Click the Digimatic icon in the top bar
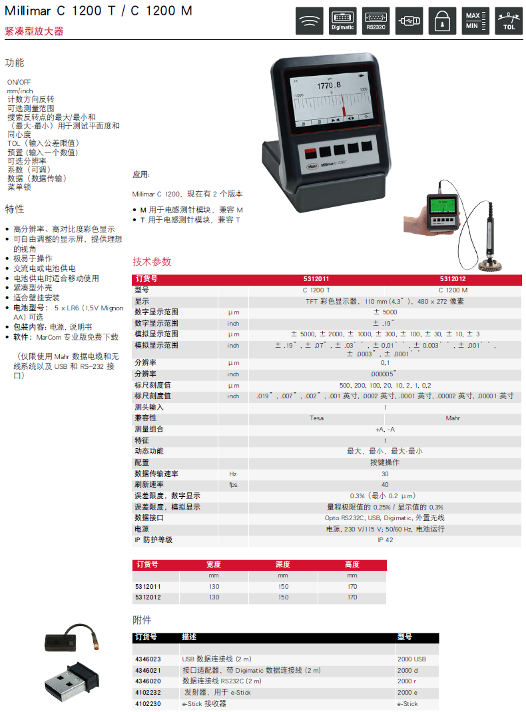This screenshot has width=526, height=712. click(x=343, y=21)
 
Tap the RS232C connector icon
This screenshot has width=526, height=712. click(x=376, y=21)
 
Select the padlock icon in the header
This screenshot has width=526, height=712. click(x=442, y=21)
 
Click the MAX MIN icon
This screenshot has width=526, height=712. click(x=475, y=21)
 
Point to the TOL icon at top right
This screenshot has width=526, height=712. click(x=508, y=21)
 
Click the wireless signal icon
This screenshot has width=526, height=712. click(x=310, y=21)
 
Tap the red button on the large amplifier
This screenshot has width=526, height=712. click(x=310, y=153)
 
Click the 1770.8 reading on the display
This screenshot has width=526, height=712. click(x=328, y=85)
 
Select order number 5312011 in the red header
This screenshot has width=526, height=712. click(x=316, y=279)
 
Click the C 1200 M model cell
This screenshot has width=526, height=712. click(x=453, y=290)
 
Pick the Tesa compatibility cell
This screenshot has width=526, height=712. click(x=317, y=418)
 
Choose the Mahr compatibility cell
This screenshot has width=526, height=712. click(x=453, y=418)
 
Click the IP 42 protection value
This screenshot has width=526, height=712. click(x=386, y=540)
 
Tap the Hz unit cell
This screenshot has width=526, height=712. click(x=233, y=474)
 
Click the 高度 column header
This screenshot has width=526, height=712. click(x=352, y=564)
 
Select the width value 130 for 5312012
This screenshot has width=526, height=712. click(x=214, y=597)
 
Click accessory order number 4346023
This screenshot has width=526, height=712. click(x=148, y=659)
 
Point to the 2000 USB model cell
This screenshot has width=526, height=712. click(x=411, y=659)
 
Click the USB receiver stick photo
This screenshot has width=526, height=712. click(x=72, y=681)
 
